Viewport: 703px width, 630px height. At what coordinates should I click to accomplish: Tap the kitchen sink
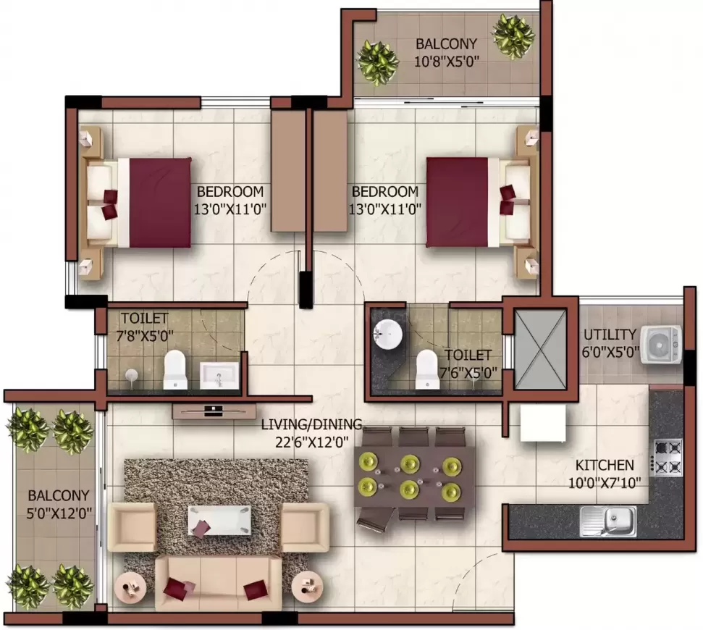coord(608,521)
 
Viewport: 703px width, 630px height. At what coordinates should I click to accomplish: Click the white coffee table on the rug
coord(220,520)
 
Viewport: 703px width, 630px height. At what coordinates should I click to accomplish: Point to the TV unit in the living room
coord(209,411)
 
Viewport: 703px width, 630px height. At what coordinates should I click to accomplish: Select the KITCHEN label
coord(605,465)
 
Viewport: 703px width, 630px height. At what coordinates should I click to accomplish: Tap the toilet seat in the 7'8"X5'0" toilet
coord(174,369)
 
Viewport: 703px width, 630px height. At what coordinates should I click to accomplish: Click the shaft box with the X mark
coord(540,345)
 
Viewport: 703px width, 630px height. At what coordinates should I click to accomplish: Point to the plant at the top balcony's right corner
coord(513,35)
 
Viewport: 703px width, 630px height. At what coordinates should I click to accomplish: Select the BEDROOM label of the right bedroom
coord(384,192)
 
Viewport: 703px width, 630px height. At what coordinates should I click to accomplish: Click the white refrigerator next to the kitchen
coord(543,422)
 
